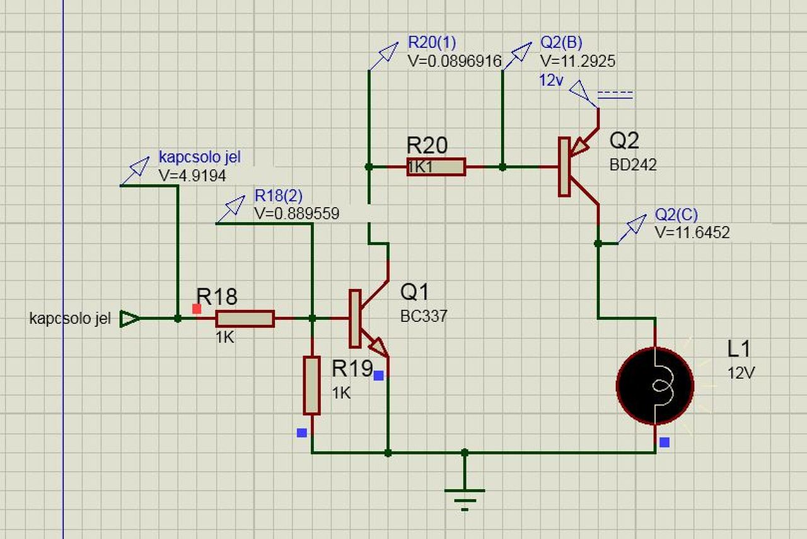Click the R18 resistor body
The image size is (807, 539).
[245, 319]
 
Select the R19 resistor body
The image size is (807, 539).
[311, 385]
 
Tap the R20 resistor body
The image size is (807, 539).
[436, 167]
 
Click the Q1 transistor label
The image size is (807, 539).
[414, 292]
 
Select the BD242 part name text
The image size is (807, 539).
[632, 165]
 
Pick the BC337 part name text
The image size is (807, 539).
[424, 316]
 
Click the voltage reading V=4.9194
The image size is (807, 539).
[192, 176]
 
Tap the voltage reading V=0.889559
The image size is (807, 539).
[296, 214]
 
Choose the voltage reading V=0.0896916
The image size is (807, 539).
[455, 61]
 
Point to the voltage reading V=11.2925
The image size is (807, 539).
[578, 61]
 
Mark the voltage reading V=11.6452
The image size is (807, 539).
[692, 232]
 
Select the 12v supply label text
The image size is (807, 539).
[550, 80]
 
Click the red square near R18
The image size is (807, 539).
[197, 309]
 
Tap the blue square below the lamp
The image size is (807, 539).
[665, 442]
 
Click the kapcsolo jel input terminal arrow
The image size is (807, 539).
[129, 319]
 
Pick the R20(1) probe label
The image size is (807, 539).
[432, 43]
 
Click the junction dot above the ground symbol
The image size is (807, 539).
[465, 453]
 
